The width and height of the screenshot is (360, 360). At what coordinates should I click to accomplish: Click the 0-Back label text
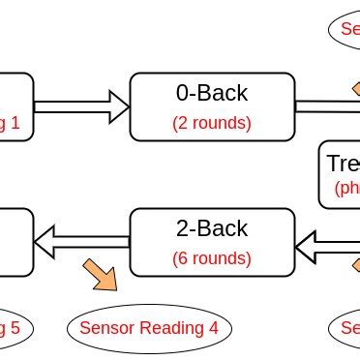pos(211,94)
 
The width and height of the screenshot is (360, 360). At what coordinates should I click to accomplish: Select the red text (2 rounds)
pos(211,123)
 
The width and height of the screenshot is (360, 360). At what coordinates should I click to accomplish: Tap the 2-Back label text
pos(211,229)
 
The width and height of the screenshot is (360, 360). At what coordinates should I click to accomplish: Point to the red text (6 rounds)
pos(211,258)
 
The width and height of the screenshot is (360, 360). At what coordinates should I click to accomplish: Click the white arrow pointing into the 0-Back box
pos(81,103)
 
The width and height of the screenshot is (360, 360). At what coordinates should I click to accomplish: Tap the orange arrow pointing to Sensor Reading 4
pos(101,274)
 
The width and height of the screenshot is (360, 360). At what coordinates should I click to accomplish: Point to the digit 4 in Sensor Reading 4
pos(213,328)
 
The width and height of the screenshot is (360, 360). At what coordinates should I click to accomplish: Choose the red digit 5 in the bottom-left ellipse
pos(14,328)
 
